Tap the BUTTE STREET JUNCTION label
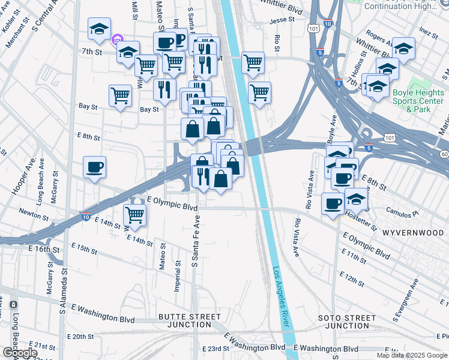pos(190,320)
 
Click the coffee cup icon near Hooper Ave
pos(94,167)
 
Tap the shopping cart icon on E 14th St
pos(135,215)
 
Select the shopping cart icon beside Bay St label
pos(121,95)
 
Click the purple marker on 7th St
pos(117,40)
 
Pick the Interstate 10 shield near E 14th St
pos(86,215)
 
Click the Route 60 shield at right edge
pos(444,155)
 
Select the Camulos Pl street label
pos(402,214)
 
